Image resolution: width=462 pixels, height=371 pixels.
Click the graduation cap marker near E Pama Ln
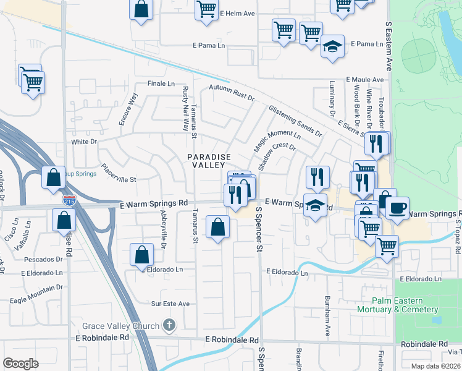click(332, 47)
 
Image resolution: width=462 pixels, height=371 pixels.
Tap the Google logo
click(21, 363)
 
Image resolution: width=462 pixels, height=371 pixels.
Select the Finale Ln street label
click(161, 83)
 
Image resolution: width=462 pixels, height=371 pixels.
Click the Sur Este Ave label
click(170, 304)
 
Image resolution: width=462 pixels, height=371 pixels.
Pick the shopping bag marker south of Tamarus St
click(217, 227)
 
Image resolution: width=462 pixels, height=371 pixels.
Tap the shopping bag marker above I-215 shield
click(54, 177)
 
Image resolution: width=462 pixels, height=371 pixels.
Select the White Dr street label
click(85, 142)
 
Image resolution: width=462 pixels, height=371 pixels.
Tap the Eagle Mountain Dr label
click(38, 288)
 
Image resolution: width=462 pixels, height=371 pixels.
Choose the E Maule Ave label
click(364, 80)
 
